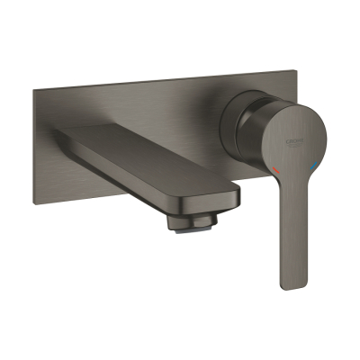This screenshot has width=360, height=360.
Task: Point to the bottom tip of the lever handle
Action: [x=291, y=284]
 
